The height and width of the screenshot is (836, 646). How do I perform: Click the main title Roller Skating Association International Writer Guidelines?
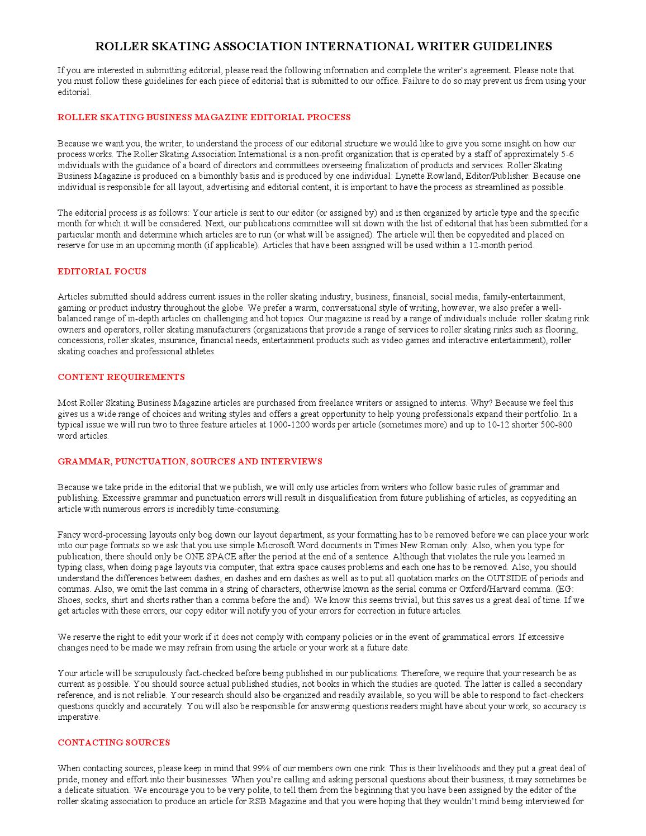323,46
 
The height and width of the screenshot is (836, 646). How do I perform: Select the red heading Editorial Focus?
102,272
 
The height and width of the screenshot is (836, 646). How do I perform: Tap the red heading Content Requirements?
121,377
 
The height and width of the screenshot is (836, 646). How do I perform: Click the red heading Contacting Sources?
113,743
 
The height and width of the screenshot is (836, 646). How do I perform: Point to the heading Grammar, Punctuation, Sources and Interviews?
190,462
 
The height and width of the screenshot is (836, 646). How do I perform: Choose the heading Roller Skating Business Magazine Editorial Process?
204,117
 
